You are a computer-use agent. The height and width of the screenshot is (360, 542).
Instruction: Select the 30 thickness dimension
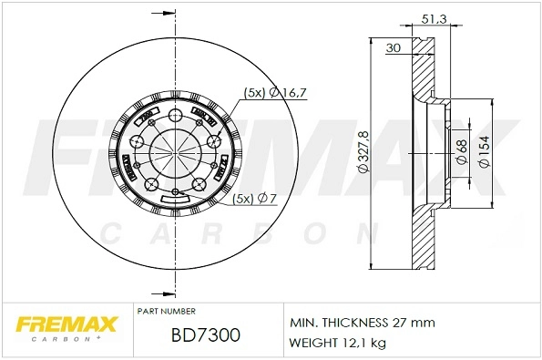pyautogui.click(x=394, y=47)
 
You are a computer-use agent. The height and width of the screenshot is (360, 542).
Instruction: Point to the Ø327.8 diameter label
pyautogui.click(x=363, y=153)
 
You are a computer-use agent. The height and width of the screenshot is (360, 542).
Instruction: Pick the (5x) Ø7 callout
pyautogui.click(x=254, y=198)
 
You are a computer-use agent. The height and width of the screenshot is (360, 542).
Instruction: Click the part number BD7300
pyautogui.click(x=205, y=335)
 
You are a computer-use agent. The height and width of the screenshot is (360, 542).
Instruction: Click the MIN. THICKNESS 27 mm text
pyautogui.click(x=362, y=324)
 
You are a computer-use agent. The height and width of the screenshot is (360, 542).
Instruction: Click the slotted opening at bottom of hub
pyautogui.click(x=173, y=198)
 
